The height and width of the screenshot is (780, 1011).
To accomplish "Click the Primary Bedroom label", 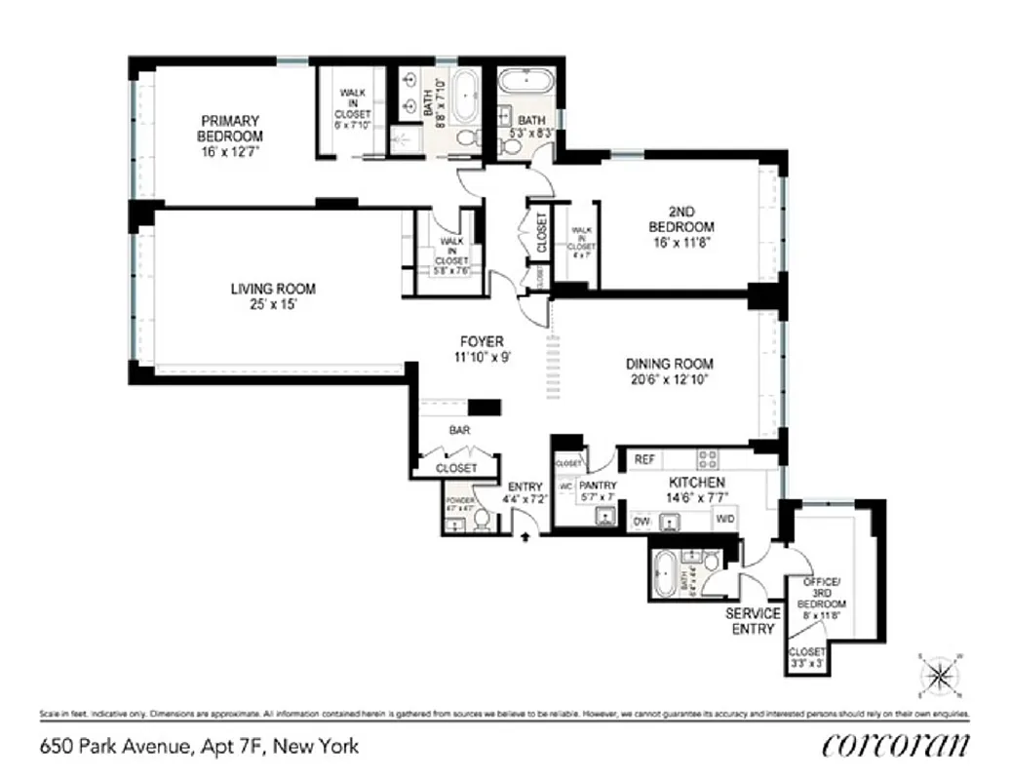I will tap(230, 128).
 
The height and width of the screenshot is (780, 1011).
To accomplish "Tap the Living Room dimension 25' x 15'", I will tap(273, 304).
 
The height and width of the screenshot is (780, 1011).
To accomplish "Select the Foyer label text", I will tap(482, 341).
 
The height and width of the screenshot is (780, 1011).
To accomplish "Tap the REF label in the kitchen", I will tap(644, 459).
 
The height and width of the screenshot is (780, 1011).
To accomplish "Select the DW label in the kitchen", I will tap(642, 522).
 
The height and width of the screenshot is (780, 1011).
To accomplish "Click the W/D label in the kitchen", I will tap(725, 521).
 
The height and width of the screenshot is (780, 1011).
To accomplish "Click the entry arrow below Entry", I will tap(527, 534).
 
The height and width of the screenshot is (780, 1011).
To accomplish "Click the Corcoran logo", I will tap(895, 746).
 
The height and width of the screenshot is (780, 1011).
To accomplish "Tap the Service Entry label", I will tap(753, 621).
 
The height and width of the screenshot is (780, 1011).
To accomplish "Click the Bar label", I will tap(459, 430).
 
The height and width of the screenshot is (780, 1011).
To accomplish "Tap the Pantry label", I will tap(598, 486).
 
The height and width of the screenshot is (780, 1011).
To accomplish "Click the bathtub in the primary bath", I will tap(464, 97).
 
